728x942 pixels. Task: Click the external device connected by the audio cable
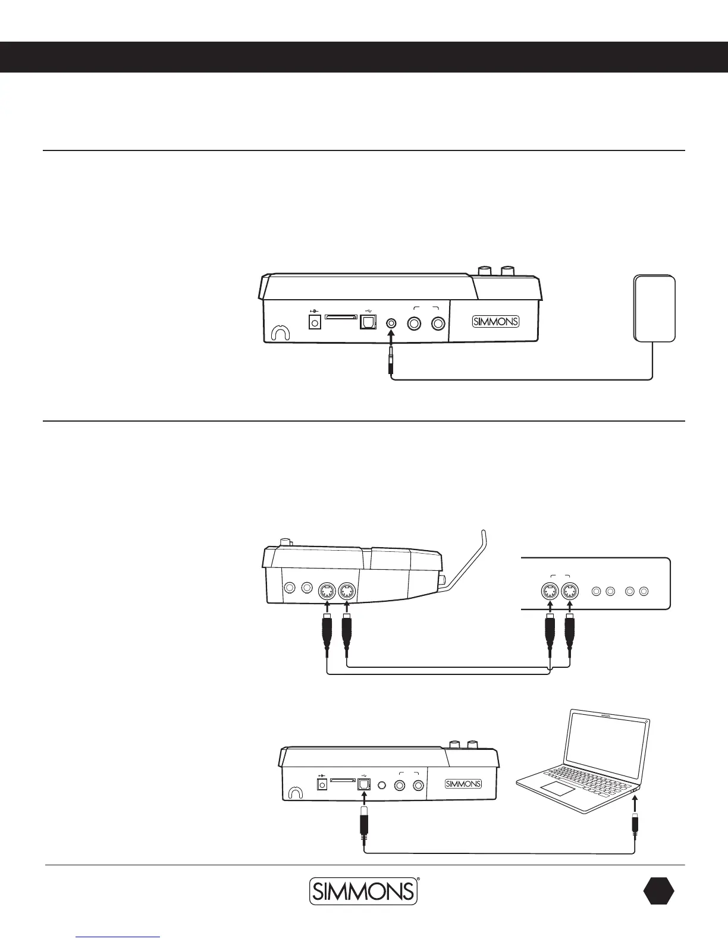(x=655, y=308)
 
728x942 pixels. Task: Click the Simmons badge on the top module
(x=495, y=322)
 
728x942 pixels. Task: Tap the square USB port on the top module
(x=368, y=322)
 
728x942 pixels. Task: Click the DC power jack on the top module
(x=315, y=322)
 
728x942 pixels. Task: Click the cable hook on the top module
(x=279, y=334)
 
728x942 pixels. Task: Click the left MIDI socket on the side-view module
(x=327, y=592)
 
